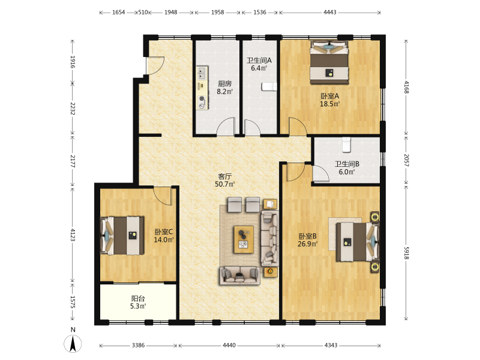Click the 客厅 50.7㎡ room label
[224, 180]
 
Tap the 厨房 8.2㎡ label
[224, 87]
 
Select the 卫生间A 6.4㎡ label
[259, 64]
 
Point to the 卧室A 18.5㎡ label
[329, 100]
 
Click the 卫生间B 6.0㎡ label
[347, 168]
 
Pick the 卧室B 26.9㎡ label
[307, 240]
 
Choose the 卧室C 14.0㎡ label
[163, 236]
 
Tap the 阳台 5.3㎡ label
[138, 302]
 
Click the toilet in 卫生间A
[269, 86]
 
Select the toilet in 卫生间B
[346, 145]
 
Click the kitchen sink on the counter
[202, 73]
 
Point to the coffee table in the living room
[244, 239]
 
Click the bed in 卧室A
[329, 62]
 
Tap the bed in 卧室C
[122, 235]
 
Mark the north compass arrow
[73, 344]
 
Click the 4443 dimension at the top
[329, 12]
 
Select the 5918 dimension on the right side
[406, 253]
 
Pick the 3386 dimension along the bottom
[138, 346]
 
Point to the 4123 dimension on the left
[73, 235]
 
